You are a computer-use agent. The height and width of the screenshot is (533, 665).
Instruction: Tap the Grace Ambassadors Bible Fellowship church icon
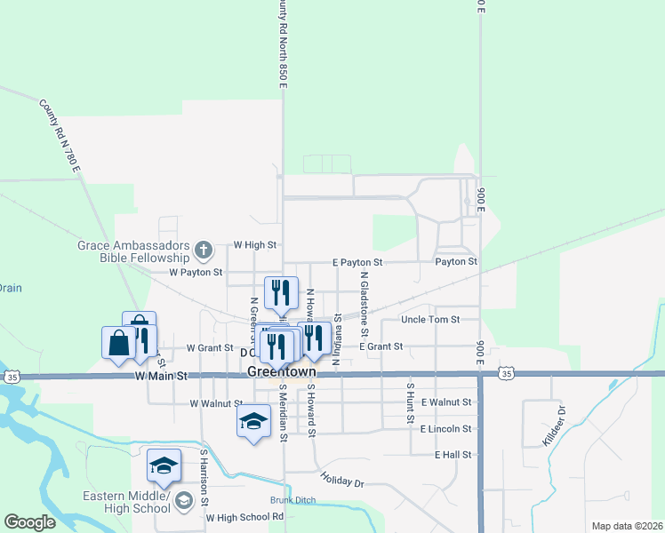point(204,250)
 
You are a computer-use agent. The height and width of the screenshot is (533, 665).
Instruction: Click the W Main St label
point(162,377)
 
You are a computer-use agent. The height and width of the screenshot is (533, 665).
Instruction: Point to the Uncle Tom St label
point(430,319)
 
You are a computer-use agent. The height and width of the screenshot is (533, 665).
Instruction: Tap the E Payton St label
point(357,263)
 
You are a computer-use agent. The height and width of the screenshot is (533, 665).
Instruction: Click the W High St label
point(255,244)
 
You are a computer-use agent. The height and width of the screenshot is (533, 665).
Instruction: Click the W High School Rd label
point(244,516)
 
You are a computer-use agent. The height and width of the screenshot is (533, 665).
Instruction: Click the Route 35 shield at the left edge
point(12,377)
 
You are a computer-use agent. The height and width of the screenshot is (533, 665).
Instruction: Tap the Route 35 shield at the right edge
point(505,375)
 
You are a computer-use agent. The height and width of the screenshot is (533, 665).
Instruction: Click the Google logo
point(29,522)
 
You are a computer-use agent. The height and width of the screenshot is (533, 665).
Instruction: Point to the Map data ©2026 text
point(627,526)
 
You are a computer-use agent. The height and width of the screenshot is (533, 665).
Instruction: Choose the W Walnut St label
point(217,403)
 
